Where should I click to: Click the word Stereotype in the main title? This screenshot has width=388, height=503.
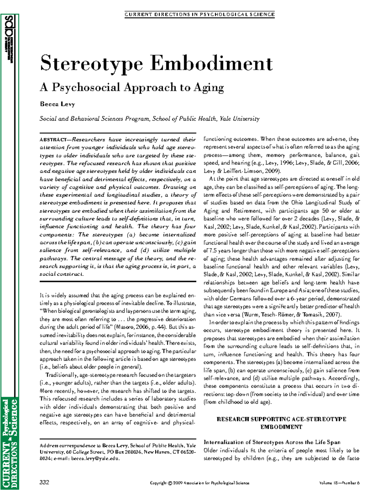(x=92, y=63)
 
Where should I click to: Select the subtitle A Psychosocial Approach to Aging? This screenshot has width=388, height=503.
(x=132, y=87)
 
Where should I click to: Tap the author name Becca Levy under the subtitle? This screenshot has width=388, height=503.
(x=57, y=104)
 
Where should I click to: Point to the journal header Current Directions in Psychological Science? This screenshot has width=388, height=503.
(x=199, y=14)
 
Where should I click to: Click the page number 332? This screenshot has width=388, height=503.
(x=44, y=482)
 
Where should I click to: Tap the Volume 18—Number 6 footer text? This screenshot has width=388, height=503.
(x=339, y=483)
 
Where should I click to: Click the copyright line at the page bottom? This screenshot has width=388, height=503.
(x=199, y=483)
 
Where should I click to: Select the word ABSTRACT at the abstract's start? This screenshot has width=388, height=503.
(x=53, y=140)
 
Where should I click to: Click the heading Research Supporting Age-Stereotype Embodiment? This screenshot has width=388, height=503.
(x=281, y=423)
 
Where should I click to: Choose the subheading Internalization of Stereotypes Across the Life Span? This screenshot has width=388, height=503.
(x=272, y=442)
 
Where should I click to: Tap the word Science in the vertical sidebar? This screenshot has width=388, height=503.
(x=13, y=418)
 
